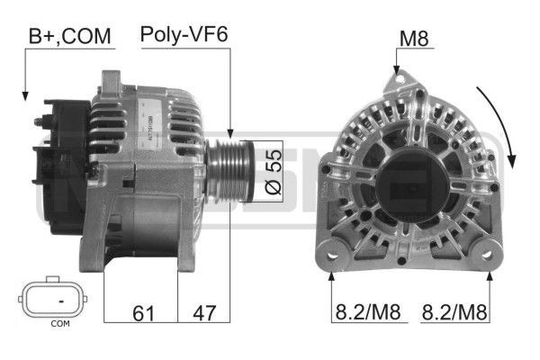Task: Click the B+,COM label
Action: pyautogui.click(x=69, y=36)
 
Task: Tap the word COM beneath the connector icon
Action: pyautogui.click(x=59, y=323)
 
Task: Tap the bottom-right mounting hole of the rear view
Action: pyautogui.click(x=490, y=256)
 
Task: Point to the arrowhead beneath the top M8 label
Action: pyautogui.click(x=395, y=69)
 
